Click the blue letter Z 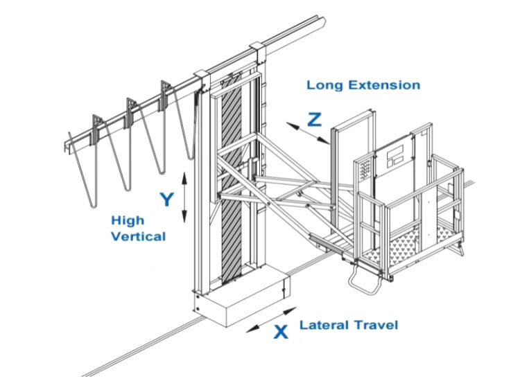coord(315,119)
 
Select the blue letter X coord(280,332)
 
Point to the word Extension coord(386,85)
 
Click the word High coord(128,221)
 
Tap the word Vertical coord(138,237)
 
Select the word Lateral coord(326,325)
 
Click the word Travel coord(378,325)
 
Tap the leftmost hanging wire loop coord(87,170)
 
